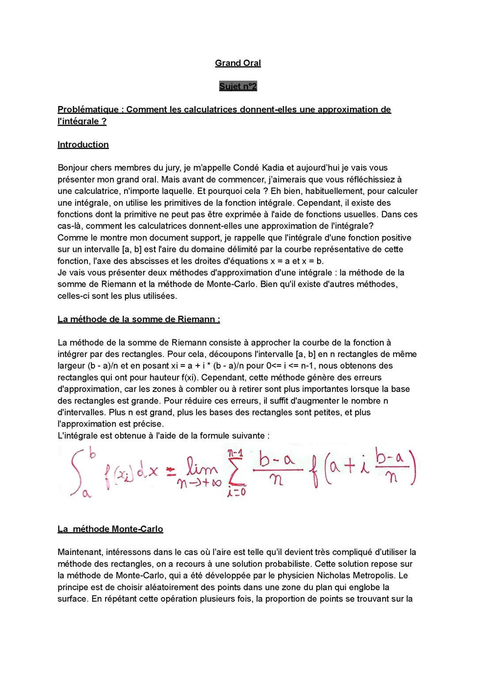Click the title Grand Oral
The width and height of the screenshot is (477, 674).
(x=238, y=63)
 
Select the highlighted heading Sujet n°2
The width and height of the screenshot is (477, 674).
(x=238, y=87)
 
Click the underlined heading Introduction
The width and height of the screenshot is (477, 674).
(x=83, y=145)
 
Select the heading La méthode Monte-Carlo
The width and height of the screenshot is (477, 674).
(x=110, y=529)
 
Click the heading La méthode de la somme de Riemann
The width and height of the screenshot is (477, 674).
(x=138, y=319)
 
